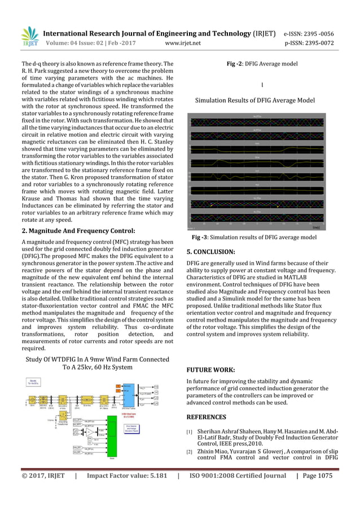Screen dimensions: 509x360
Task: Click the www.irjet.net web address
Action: pyautogui.click(x=183, y=42)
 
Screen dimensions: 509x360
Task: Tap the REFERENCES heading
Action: pyautogui.click(x=206, y=417)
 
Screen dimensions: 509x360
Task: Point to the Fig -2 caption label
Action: pyautogui.click(x=238, y=64)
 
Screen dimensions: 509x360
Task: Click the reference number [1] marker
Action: pyautogui.click(x=190, y=433)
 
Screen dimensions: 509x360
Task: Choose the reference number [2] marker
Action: pyautogui.click(x=190, y=453)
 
